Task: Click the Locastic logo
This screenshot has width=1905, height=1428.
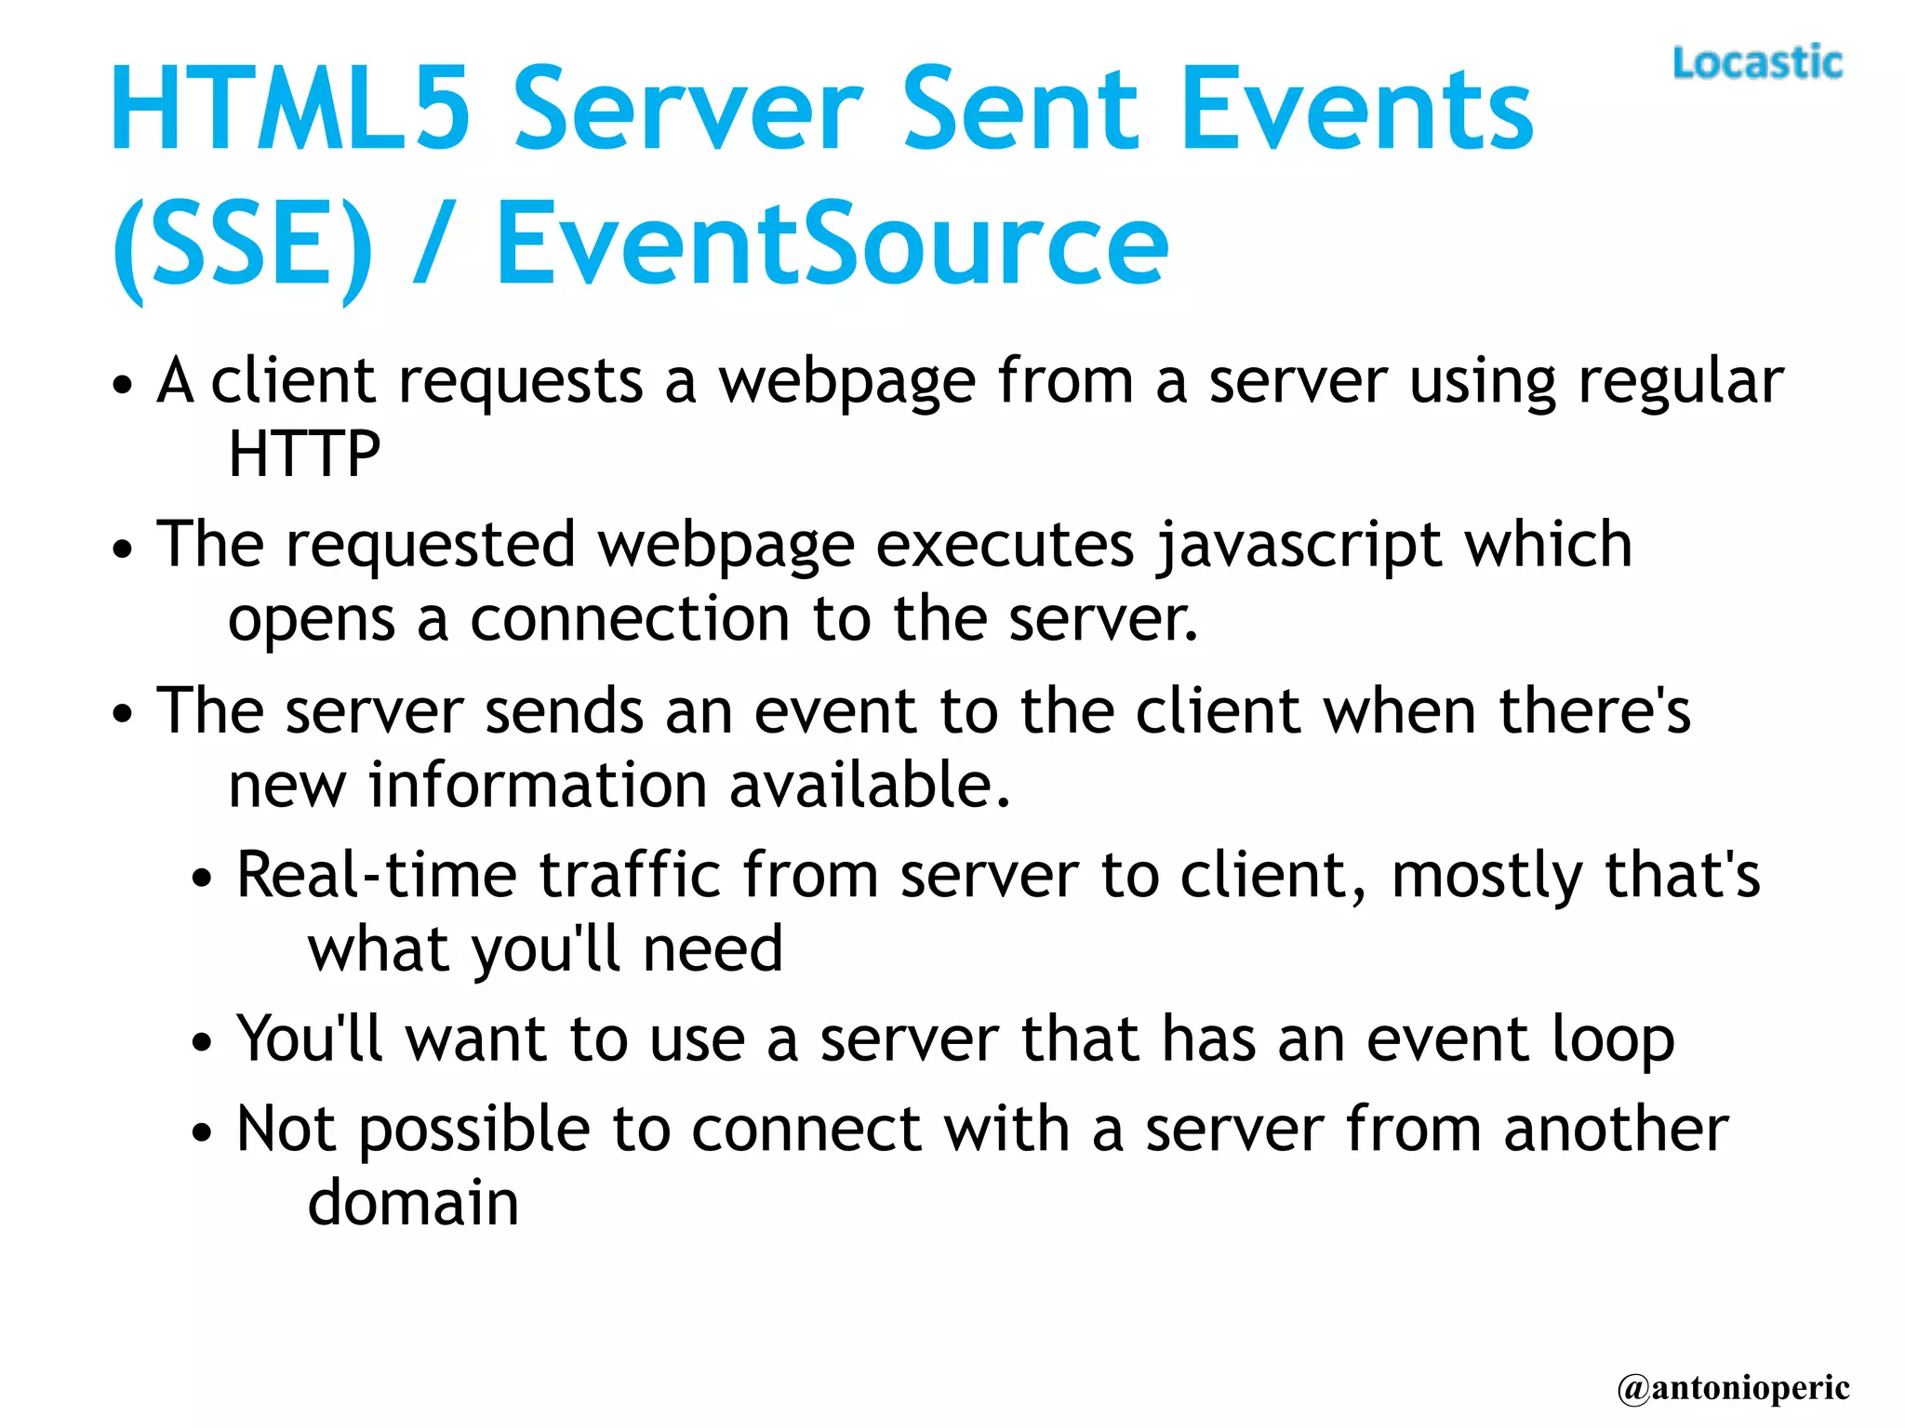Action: (1756, 63)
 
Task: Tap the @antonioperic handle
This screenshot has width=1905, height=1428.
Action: (1733, 1388)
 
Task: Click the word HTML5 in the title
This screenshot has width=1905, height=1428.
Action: (290, 109)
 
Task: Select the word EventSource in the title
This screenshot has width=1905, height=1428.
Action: (832, 245)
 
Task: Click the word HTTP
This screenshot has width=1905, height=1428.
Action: (304, 454)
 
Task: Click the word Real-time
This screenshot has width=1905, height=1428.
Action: (376, 876)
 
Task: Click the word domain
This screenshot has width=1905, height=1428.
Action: (413, 1203)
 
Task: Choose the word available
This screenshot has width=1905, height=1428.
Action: (869, 786)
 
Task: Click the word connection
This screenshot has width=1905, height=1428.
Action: (630, 620)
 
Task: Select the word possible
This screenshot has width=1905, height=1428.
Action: (474, 1131)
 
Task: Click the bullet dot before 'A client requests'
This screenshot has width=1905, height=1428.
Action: (122, 385)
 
